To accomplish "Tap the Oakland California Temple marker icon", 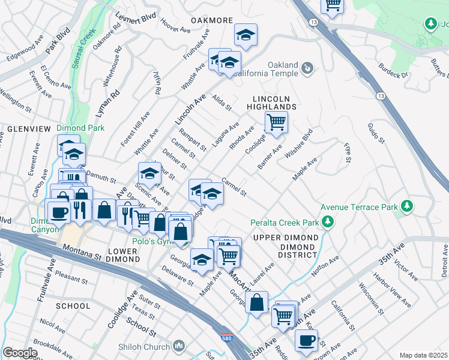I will point(307,68).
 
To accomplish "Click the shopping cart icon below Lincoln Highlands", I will point(276,122).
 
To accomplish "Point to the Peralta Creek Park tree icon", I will point(327,223).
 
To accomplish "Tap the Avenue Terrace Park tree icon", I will point(407,207).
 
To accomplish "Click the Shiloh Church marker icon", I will point(178,346).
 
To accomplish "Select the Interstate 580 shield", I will point(226,338).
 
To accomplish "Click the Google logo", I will point(20,353).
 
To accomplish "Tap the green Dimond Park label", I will point(80,128).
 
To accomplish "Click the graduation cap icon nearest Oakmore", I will point(246,35).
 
